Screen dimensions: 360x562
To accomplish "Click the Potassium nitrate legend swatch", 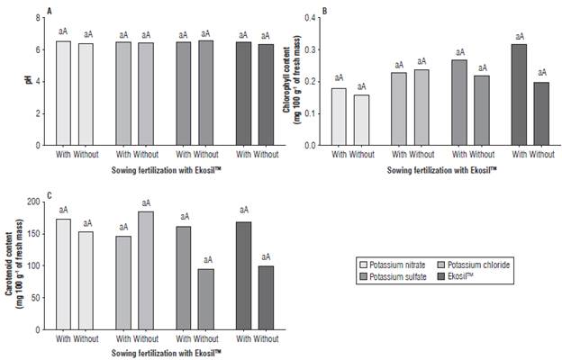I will pos(365,265).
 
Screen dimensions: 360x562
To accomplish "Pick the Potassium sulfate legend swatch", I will pos(365,277).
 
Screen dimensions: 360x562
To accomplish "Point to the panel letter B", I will pos(311,10).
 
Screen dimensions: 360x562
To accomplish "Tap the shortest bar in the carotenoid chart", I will pos(206,299).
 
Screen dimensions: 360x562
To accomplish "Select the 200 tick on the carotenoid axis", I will pos(36,202).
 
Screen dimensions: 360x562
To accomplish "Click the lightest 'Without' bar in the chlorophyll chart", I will pos(360,120).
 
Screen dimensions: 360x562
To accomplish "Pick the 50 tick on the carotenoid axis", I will pos(39,298).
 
